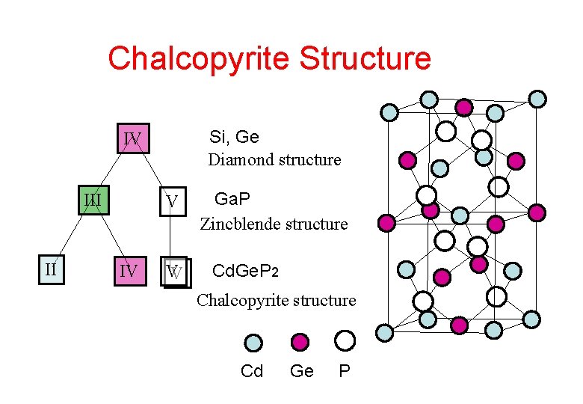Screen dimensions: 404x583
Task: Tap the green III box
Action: click(x=93, y=200)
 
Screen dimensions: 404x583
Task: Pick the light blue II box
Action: click(x=51, y=267)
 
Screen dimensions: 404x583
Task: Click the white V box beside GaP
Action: click(x=172, y=202)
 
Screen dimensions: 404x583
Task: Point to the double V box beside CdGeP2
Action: click(x=176, y=272)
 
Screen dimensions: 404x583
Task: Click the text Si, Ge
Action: click(x=234, y=137)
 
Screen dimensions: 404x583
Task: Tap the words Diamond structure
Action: click(x=274, y=159)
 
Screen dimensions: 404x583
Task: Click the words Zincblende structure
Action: click(x=274, y=224)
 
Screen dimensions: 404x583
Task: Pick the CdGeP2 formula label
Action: click(x=247, y=270)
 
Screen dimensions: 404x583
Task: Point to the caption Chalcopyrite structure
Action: click(x=276, y=301)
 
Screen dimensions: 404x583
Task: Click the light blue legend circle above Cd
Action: click(x=253, y=343)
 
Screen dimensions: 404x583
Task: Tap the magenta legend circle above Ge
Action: click(x=300, y=343)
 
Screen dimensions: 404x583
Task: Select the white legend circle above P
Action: click(x=345, y=341)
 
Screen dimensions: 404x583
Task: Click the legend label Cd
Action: click(x=252, y=371)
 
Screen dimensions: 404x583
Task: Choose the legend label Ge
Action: click(x=301, y=371)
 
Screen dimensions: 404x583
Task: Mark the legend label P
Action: click(x=345, y=371)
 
